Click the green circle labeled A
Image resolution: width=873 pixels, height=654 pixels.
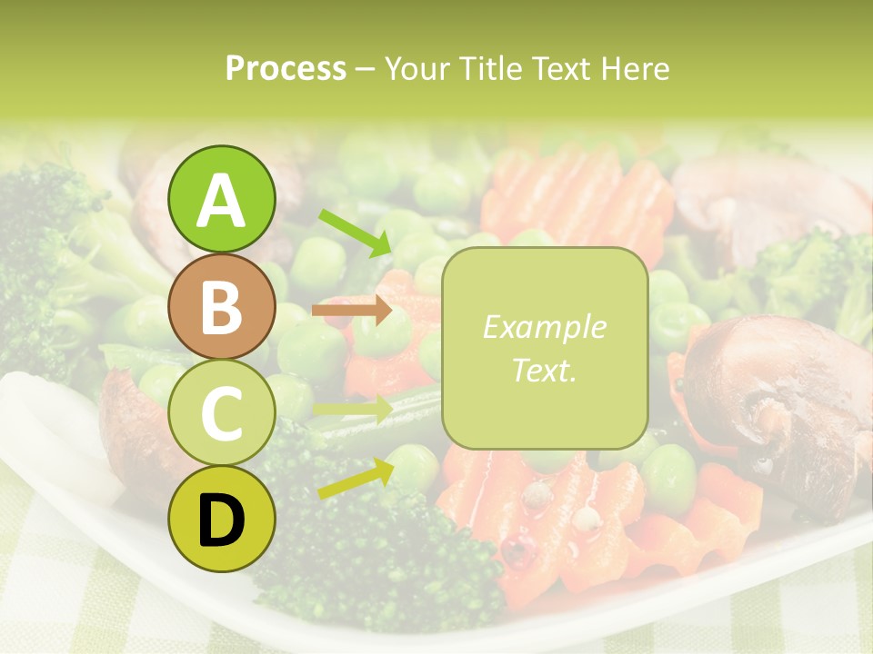click(x=221, y=200)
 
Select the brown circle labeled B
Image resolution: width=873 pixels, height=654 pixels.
click(x=221, y=306)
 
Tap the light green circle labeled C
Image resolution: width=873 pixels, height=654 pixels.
click(x=221, y=412)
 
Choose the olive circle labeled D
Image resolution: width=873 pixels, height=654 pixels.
click(x=221, y=519)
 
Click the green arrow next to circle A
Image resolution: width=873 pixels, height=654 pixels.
click(x=355, y=233)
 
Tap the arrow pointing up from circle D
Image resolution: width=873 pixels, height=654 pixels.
click(x=356, y=478)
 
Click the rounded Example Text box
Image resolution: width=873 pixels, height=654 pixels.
click(x=545, y=348)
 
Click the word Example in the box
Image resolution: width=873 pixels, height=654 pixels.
click(x=545, y=327)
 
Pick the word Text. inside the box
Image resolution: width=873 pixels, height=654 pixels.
click(x=545, y=370)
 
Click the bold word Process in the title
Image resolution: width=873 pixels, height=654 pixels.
click(x=286, y=68)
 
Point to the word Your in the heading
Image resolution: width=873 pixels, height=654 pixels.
click(x=415, y=68)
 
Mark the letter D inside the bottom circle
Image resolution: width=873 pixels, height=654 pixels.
click(x=221, y=520)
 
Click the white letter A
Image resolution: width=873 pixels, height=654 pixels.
click(x=221, y=201)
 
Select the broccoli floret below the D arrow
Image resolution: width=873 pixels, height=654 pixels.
click(x=382, y=554)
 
